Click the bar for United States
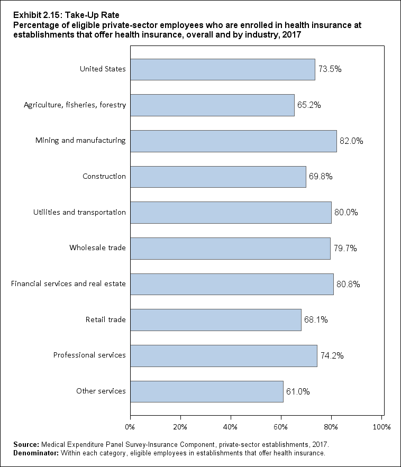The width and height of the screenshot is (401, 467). click(222, 69)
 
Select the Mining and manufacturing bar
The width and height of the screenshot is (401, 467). click(233, 141)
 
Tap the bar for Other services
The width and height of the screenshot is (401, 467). click(207, 391)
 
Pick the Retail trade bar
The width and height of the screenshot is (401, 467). click(216, 320)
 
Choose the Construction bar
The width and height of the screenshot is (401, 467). click(218, 177)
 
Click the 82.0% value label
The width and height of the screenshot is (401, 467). click(351, 141)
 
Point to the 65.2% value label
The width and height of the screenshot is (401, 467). click(309, 105)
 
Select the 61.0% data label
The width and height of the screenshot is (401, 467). click(298, 392)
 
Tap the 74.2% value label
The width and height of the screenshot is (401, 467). click(332, 356)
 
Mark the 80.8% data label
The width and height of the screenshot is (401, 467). click(348, 285)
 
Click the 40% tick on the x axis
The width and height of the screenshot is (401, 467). click(231, 426)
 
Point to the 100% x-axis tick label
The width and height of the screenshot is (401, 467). click(381, 426)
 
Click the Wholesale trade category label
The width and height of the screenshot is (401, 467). click(97, 248)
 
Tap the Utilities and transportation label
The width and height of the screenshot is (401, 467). click(79, 212)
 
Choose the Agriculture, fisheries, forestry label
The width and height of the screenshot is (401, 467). click(75, 105)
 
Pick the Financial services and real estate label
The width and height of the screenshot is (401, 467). click(68, 283)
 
